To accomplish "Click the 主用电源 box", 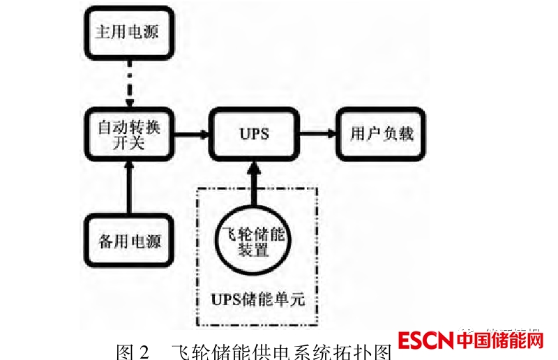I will click(x=128, y=33).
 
